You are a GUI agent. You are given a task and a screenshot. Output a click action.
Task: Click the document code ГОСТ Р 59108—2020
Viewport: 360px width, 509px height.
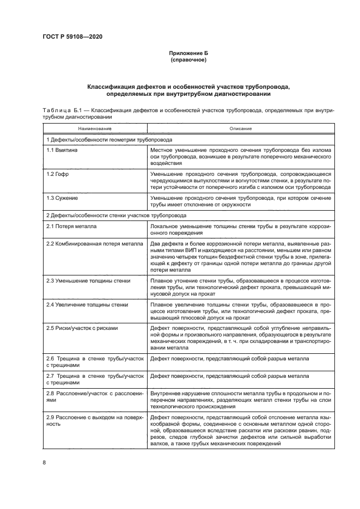coord(72,36)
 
